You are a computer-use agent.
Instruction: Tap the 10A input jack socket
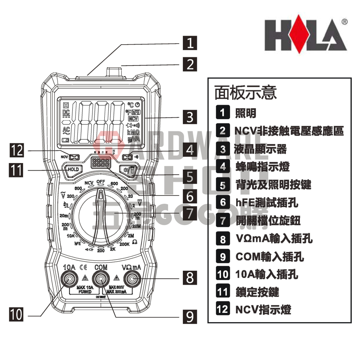pyautogui.click(x=69, y=279)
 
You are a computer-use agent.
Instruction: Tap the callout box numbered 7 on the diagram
pyautogui.click(x=190, y=213)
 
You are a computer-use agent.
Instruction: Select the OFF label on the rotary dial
pyautogui.click(x=100, y=181)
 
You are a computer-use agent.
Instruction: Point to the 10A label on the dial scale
pyautogui.click(x=71, y=236)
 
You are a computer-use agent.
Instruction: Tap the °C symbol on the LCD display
pyautogui.click(x=130, y=105)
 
